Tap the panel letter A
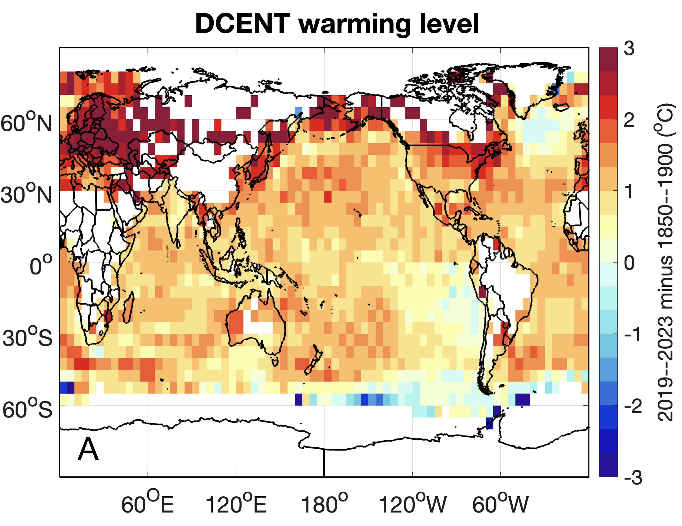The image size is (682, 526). click(88, 449)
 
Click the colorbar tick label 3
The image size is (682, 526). click(629, 49)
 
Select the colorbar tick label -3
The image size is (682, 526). click(633, 477)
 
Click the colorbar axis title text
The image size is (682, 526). click(666, 262)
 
